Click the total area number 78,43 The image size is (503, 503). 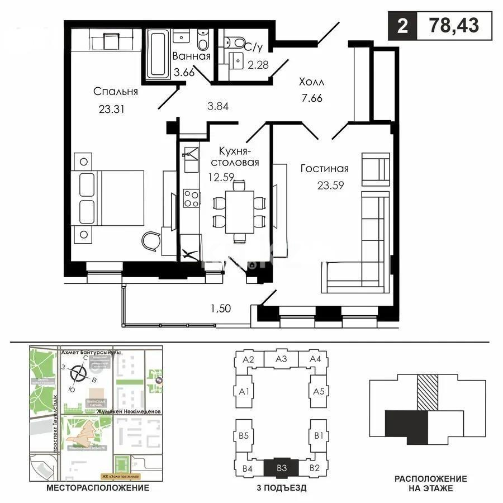(454, 26)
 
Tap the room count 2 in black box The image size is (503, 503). (401, 26)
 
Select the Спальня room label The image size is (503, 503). (116, 92)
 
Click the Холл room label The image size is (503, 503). (311, 82)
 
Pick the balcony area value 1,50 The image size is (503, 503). (220, 307)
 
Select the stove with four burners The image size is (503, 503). (192, 198)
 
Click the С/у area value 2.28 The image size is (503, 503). (258, 64)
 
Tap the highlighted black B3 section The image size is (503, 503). (282, 467)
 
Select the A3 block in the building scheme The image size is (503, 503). (281, 359)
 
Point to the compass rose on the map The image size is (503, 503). (80, 372)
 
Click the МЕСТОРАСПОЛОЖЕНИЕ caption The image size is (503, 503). (97, 488)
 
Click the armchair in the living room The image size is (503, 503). (375, 167)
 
